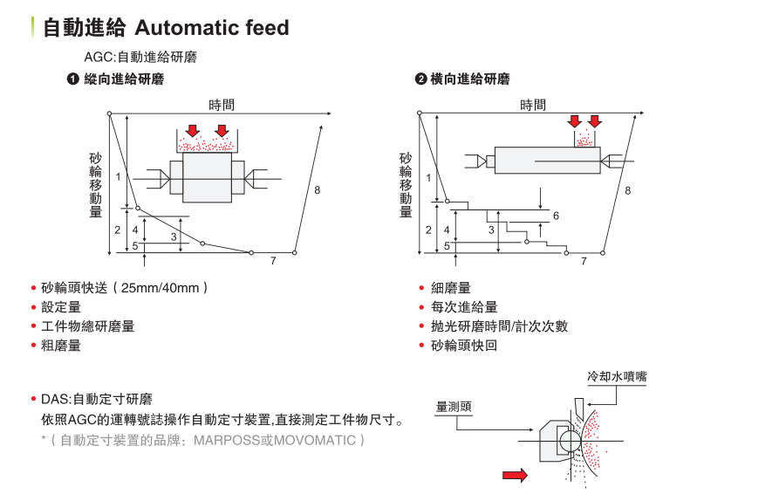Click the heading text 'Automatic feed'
click(212, 28)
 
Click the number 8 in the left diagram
click(317, 189)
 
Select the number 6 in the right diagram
click(556, 216)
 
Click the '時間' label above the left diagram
click(222, 105)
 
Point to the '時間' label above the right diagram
click(533, 105)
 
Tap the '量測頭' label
click(454, 407)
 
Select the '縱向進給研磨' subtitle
click(124, 79)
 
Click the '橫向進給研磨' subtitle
click(470, 79)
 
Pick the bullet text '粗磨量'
click(61, 346)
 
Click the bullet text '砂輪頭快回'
click(464, 346)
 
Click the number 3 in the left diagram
click(174, 237)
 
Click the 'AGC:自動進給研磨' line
click(140, 58)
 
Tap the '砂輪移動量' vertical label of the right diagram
click(406, 185)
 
